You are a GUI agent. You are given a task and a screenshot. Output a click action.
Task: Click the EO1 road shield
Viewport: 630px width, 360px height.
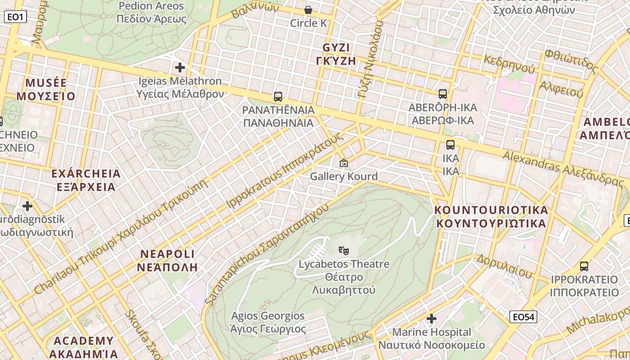point(16,17)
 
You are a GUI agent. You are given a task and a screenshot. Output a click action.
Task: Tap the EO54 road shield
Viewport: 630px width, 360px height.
point(524,317)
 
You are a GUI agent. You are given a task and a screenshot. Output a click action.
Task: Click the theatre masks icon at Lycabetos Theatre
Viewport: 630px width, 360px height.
point(344,250)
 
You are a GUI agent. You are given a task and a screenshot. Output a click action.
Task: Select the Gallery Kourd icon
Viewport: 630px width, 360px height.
point(344,163)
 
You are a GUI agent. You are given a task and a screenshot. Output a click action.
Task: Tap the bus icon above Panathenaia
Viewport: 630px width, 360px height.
point(278,96)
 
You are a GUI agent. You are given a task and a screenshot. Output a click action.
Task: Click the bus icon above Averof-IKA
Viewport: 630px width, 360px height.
point(443,94)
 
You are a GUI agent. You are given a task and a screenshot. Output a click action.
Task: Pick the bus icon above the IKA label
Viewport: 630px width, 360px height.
point(450,145)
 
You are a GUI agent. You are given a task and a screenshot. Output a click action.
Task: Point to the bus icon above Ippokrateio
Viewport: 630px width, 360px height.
point(584,266)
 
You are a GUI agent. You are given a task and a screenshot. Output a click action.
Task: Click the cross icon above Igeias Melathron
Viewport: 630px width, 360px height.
point(180,67)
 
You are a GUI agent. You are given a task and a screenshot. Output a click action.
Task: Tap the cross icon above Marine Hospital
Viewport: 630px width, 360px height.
point(432,319)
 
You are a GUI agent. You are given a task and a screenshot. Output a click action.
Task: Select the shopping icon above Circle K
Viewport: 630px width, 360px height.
point(308,9)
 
